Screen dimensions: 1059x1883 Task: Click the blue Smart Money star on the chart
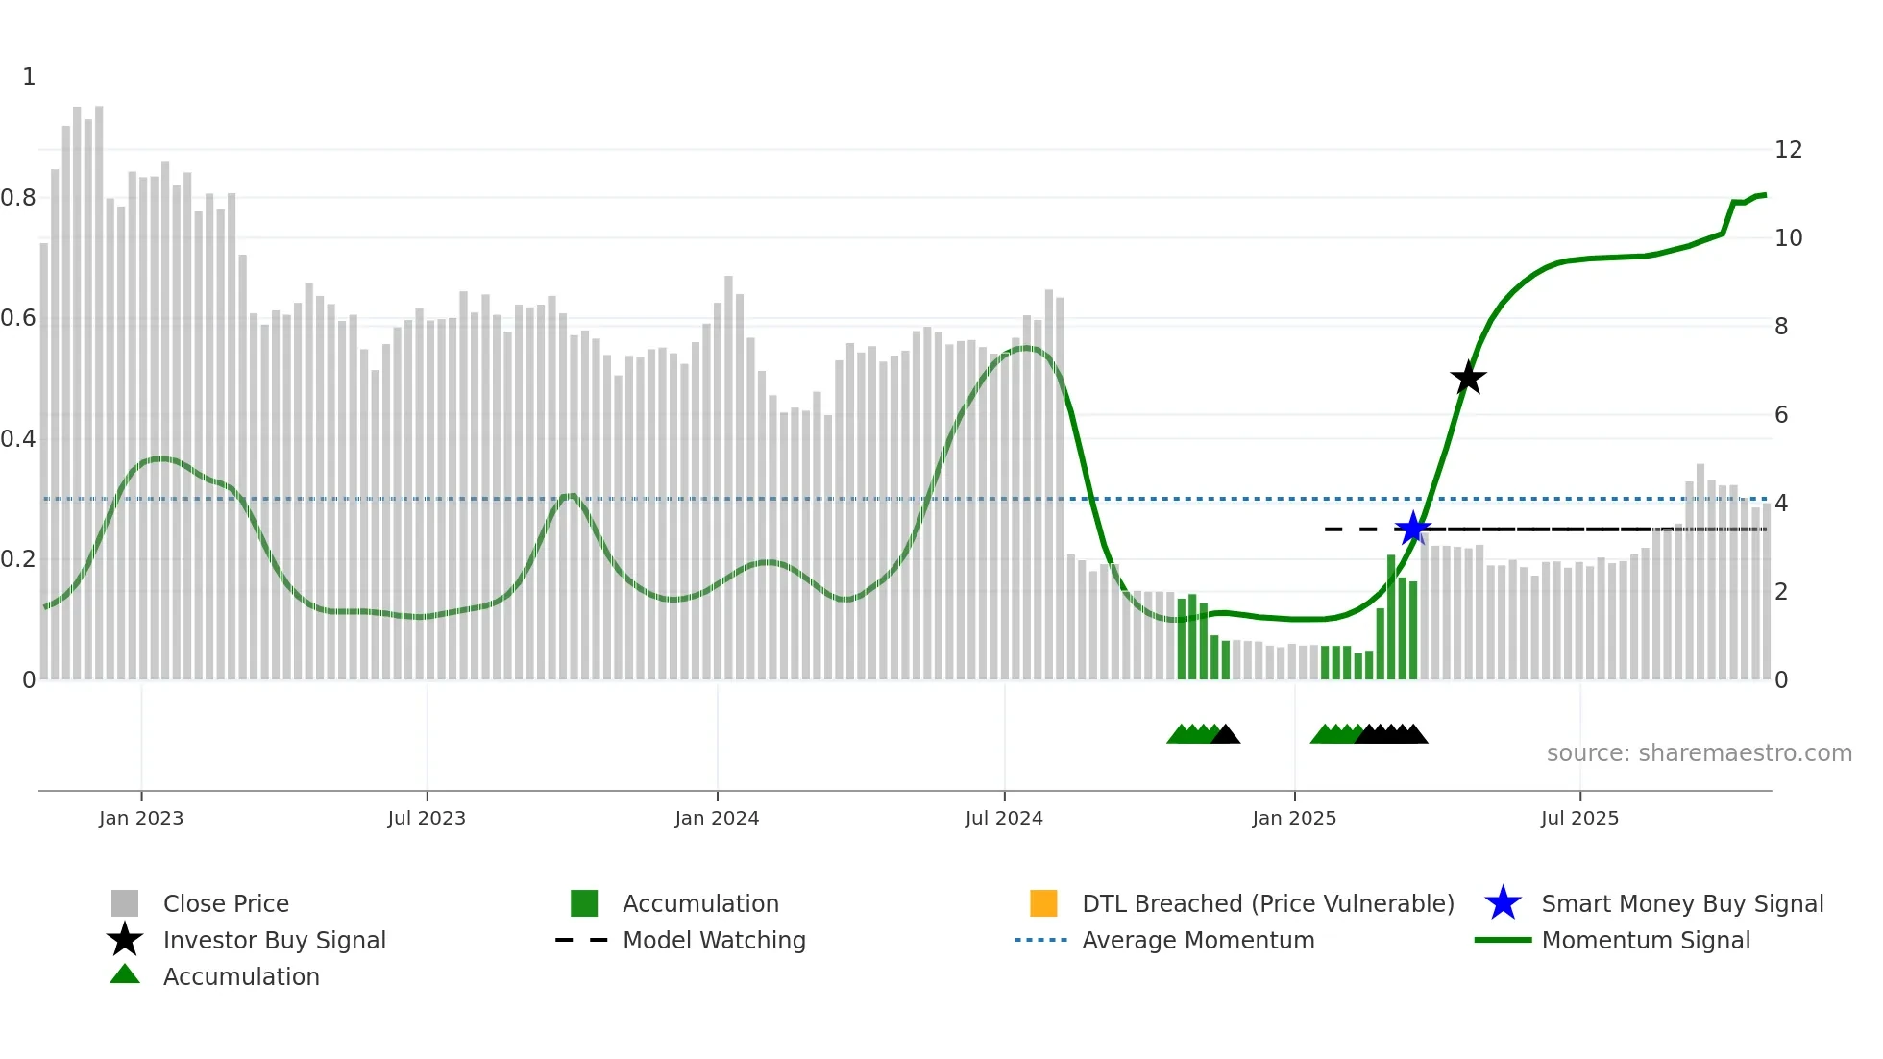pos(1412,529)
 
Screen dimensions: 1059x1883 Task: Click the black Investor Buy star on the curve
pos(1468,379)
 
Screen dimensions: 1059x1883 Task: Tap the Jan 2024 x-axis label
pos(717,818)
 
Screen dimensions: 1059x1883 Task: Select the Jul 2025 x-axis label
pos(1579,818)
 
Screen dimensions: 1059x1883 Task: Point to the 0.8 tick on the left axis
pos(19,198)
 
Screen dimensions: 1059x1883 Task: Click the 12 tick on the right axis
pos(1788,150)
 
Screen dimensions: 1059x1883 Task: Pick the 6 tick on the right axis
pos(1781,415)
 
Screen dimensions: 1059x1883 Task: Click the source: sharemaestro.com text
pos(1699,753)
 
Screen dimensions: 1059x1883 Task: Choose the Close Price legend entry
pos(226,903)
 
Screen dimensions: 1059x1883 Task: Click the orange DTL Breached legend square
pos(1043,903)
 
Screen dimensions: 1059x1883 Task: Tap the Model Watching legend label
pos(714,940)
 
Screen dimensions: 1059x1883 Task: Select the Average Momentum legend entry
pos(1197,940)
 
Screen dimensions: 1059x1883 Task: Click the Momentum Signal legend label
pos(1645,940)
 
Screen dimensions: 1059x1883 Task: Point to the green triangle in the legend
pos(125,974)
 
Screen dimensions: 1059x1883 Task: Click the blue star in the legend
pos(1503,903)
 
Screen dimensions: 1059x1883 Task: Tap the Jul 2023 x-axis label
pos(427,818)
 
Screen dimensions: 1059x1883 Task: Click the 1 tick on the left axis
pos(29,77)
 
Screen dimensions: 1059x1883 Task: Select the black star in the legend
pos(125,940)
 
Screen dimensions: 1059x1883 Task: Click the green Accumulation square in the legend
pos(584,903)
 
